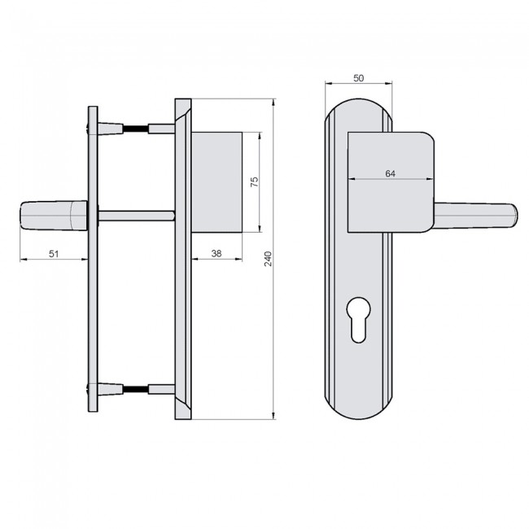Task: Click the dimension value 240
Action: click(x=267, y=259)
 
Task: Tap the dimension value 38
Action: click(x=216, y=253)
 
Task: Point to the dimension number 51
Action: click(x=54, y=253)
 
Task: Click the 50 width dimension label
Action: click(x=358, y=77)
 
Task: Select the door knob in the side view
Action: click(x=49, y=216)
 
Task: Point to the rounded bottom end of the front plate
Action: click(x=358, y=411)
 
